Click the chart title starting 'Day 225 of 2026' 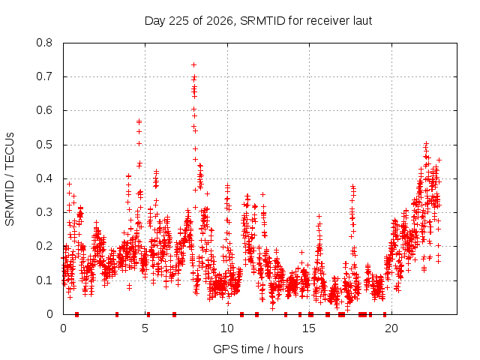pos(258,21)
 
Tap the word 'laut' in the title pos(362,21)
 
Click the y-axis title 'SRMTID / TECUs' pos(10,179)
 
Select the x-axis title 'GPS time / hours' pos(258,349)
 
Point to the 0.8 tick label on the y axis pos(44,43)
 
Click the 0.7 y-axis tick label pos(44,76)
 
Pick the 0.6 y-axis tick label pos(44,110)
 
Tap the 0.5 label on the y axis pos(44,145)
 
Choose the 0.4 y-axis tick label pos(44,178)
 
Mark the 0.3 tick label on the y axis pos(44,212)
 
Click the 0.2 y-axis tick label pos(44,246)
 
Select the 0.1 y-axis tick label pos(44,280)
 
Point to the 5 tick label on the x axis pos(145,328)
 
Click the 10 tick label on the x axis pos(227,328)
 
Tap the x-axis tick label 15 pos(309,328)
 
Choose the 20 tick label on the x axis pos(391,328)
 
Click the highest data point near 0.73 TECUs pos(193,65)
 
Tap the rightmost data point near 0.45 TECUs pos(439,160)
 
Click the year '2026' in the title pos(220,21)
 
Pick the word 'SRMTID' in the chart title pos(263,21)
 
